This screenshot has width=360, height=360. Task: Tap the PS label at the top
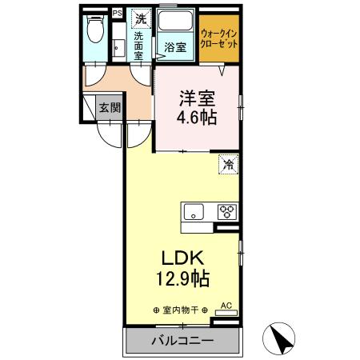click(117, 14)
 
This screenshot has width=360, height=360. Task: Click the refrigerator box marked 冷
click(228, 165)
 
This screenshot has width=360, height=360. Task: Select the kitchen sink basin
click(195, 213)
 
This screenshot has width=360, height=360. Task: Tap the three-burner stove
click(226, 213)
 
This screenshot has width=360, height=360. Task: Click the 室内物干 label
click(179, 310)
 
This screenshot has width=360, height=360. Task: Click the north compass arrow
click(282, 339)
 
